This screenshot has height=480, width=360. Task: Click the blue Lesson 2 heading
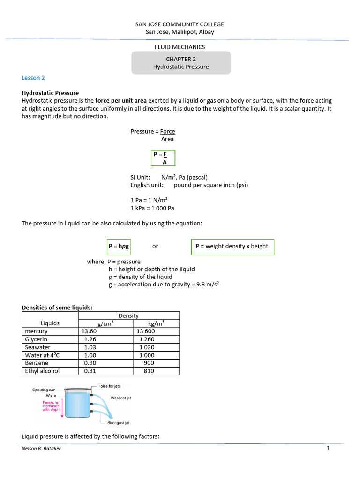click(33, 78)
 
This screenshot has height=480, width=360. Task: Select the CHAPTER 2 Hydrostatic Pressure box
click(181, 63)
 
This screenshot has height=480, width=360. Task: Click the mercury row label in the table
click(36, 331)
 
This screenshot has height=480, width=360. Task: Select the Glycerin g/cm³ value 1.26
click(90, 339)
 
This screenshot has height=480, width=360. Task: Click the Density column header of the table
click(128, 315)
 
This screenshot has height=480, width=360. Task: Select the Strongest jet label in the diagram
click(119, 423)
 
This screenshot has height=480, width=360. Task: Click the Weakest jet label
click(120, 398)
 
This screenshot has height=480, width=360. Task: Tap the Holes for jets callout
click(109, 386)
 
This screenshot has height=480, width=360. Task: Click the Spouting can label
click(44, 390)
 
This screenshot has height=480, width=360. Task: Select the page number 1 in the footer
click(328, 449)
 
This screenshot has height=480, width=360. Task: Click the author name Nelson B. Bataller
click(41, 449)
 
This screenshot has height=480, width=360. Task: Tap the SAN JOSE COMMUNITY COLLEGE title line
click(180, 24)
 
